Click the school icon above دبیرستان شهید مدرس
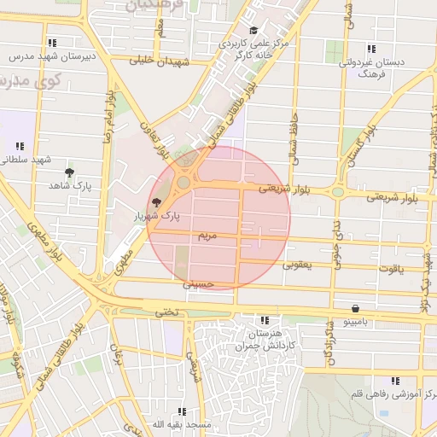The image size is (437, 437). coord(53,42)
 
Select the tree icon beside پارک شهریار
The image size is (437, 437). coord(155,202)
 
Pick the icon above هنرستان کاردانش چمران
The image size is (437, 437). coord(264,320)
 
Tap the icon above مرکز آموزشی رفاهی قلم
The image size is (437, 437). coord(394,381)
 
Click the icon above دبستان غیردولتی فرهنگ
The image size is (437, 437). coord(370,49)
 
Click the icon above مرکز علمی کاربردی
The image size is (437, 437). coord(253,31)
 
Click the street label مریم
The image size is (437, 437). coord(207,234)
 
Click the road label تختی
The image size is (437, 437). coord(167,312)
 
